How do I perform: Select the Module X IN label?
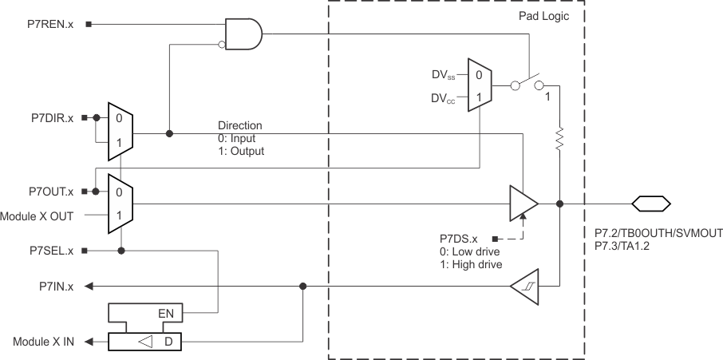tap(43, 342)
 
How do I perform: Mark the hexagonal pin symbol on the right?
tap(650, 204)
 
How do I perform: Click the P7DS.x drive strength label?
tap(458, 239)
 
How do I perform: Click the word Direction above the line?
tap(239, 126)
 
